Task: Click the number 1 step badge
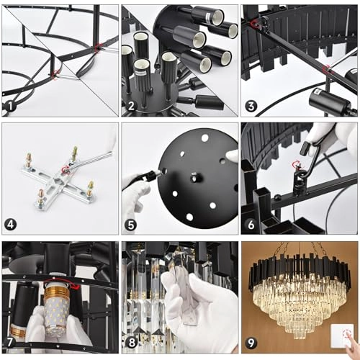(x=10, y=107)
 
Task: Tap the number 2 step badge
(x=130, y=107)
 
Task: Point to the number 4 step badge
(x=10, y=225)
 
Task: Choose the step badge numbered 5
(x=130, y=225)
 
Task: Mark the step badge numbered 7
(x=10, y=344)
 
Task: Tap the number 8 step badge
(x=130, y=344)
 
